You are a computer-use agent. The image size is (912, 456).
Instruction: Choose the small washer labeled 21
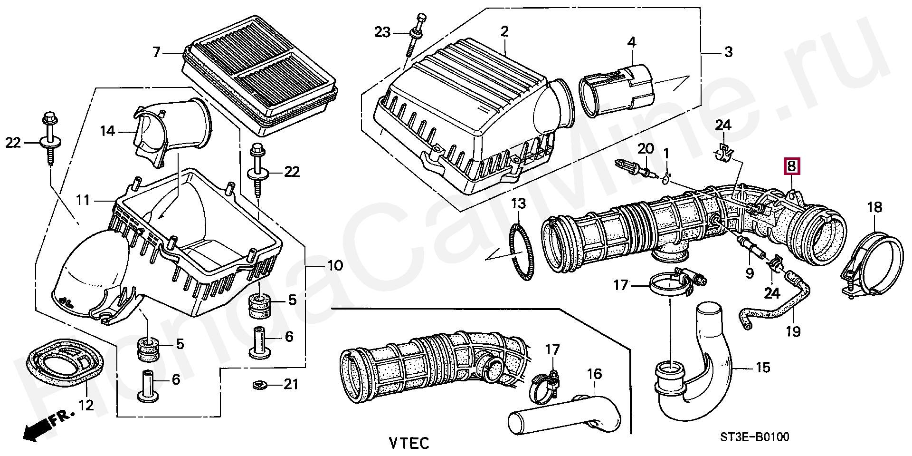[259, 384]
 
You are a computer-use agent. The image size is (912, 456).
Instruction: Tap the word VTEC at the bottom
[408, 443]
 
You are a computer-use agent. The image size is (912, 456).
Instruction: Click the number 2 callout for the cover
[504, 32]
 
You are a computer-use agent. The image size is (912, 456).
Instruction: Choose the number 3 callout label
[728, 51]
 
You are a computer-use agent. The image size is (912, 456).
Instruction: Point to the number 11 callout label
[83, 200]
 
